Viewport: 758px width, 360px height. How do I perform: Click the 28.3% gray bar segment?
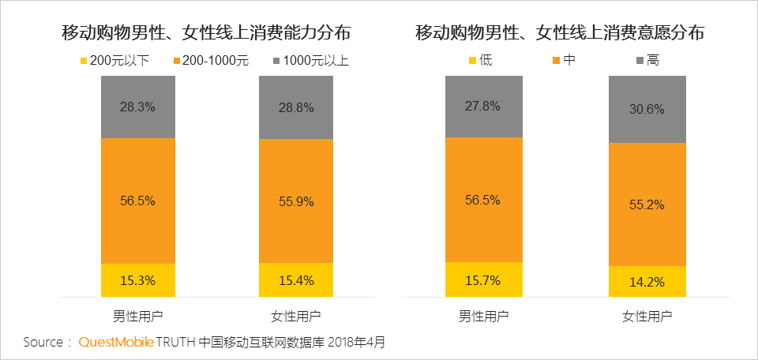click(138, 107)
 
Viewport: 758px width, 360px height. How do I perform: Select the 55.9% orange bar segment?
click(296, 201)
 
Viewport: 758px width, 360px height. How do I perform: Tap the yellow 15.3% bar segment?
click(138, 280)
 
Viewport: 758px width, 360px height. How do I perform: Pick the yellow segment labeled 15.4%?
click(296, 280)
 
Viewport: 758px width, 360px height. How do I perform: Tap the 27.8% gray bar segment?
click(483, 106)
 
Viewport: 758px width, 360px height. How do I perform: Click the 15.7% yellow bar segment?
click(483, 279)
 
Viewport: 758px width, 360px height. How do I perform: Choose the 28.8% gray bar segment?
click(296, 107)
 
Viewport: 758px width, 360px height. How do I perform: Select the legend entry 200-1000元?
click(209, 60)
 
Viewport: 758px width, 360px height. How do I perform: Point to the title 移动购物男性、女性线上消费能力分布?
click(207, 33)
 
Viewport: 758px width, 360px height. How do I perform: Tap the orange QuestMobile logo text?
click(115, 343)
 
